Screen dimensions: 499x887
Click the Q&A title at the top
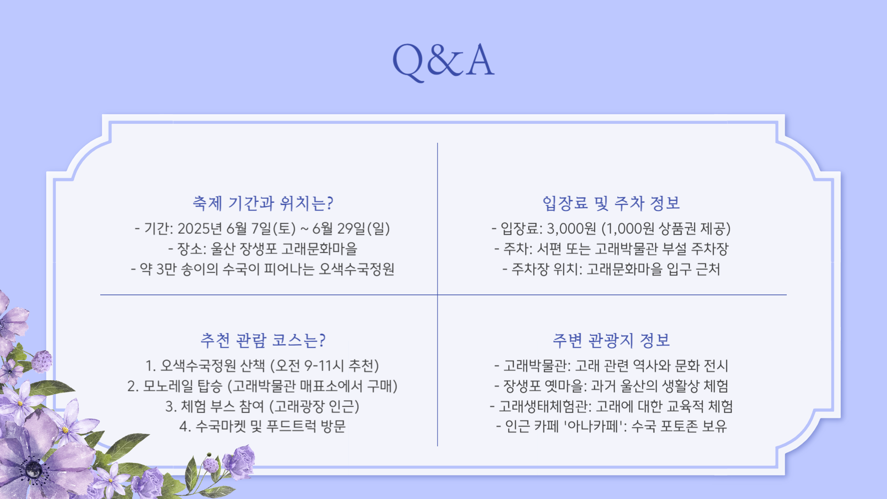[x=443, y=60]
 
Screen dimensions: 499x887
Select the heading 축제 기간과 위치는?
[x=263, y=203]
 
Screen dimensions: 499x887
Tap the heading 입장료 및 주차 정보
[x=611, y=203]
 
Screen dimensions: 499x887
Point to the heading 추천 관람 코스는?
[x=263, y=341]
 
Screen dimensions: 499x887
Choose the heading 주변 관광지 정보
[x=611, y=341]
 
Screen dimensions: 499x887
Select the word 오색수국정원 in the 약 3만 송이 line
[x=357, y=269]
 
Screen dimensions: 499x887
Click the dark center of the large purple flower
[x=33, y=470]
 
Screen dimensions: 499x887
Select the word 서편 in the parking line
[x=549, y=249]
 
